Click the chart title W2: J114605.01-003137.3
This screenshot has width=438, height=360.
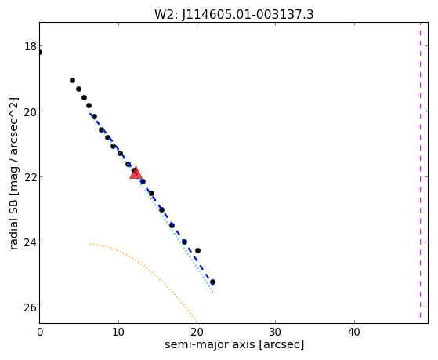coord(234,15)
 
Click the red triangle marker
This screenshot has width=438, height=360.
coord(136,173)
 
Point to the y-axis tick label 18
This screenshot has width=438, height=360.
coord(31,46)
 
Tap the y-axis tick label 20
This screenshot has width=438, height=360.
coord(31,111)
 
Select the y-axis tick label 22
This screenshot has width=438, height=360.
coord(31,176)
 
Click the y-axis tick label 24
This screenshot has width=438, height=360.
coord(31,242)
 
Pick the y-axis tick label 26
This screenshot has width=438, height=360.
coord(31,307)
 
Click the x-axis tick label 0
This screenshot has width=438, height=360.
coord(40,332)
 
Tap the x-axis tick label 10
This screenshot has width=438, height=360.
coord(118,332)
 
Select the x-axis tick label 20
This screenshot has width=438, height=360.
coord(197,332)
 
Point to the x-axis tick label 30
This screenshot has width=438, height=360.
coord(276,332)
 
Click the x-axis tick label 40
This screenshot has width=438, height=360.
coord(354,332)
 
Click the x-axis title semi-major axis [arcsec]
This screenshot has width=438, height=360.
coord(234,344)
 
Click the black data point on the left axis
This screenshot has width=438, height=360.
coord(39,52)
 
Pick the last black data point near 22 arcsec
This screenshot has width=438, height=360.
coord(212,282)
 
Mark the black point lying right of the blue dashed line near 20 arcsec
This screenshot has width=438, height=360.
coord(197,250)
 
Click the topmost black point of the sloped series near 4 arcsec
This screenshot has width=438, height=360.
coord(72,80)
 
